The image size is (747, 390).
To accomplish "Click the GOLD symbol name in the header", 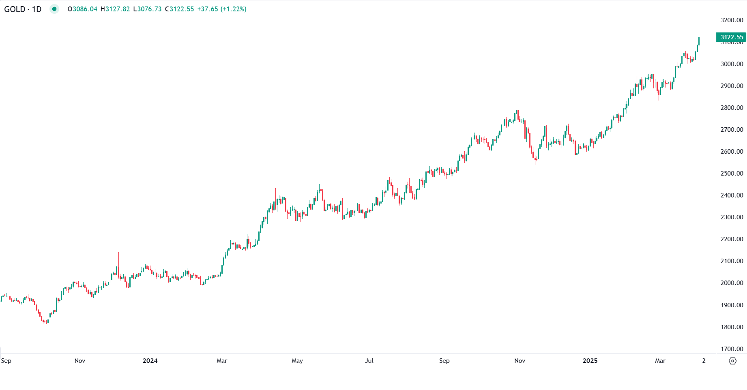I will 15,9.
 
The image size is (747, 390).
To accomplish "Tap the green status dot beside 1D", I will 54,9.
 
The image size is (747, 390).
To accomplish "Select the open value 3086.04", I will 85,9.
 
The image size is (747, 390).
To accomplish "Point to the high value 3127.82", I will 118,9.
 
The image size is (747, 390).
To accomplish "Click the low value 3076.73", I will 149,9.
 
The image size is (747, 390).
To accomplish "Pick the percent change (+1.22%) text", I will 233,9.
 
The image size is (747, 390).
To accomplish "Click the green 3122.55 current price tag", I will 731,37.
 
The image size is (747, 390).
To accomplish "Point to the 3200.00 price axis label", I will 732,20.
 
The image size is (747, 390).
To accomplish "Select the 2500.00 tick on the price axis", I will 732,174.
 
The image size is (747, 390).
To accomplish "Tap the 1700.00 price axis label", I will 732,349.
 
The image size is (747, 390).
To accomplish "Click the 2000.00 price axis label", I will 732,283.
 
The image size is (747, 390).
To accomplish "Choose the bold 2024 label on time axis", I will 150,361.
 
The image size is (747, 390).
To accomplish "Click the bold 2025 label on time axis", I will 590,361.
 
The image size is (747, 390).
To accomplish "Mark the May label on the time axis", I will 297,361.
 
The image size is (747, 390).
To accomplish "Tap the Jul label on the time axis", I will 369,361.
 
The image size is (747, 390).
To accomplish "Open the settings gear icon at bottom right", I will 732,361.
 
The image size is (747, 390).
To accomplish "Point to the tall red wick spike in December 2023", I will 118,259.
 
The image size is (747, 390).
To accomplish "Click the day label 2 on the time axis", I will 704,361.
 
